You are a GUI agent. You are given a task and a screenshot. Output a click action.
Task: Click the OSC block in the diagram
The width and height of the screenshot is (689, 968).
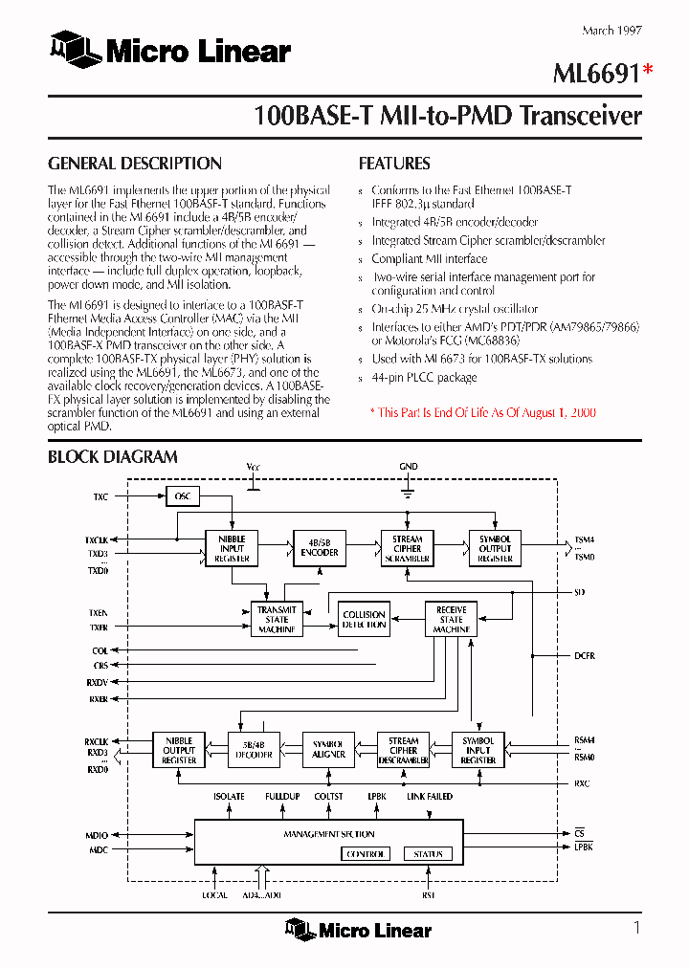182,496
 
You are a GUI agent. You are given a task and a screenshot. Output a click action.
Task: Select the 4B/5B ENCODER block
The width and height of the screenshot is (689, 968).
320,548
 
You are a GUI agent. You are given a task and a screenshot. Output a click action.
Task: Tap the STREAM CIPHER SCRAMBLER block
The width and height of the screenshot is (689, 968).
407,548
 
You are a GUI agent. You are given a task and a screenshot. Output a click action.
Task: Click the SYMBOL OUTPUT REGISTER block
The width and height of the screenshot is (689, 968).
495,548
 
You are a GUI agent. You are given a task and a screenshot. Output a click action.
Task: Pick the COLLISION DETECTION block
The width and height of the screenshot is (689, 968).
364,620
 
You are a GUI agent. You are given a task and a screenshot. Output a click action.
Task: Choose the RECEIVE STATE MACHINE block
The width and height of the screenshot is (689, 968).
451,620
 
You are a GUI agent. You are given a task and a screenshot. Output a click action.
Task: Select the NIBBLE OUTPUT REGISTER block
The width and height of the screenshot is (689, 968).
179,750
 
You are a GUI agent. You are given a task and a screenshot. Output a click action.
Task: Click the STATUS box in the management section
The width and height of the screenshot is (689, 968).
428,854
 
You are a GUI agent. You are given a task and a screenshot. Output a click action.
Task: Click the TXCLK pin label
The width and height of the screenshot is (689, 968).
97,539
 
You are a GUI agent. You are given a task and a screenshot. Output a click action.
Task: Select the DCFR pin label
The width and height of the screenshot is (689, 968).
584,656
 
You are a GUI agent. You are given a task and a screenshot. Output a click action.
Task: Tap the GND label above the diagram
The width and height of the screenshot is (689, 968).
409,467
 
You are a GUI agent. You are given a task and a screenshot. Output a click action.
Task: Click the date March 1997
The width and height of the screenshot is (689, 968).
611,31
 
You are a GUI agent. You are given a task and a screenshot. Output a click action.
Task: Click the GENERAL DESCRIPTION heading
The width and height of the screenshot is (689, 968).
135,164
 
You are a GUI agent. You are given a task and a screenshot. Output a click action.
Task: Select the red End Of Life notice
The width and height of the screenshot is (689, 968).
482,412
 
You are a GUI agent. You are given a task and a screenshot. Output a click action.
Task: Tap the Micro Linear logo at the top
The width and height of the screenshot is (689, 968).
171,51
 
